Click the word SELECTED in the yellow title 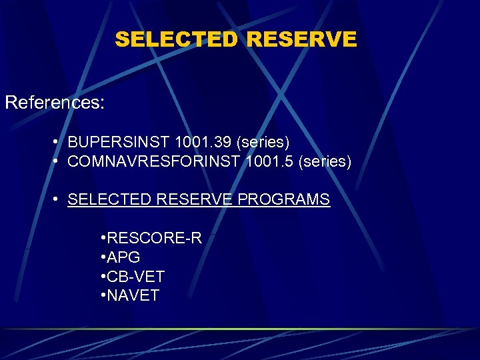(x=175, y=39)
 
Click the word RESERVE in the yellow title (x=301, y=39)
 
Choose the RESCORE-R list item (x=154, y=239)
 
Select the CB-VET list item (x=135, y=276)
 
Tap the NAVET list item (x=133, y=295)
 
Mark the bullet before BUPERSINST (x=59, y=143)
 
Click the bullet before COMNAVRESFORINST (x=59, y=161)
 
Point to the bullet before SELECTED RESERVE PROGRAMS (x=59, y=199)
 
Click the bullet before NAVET (x=103, y=295)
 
